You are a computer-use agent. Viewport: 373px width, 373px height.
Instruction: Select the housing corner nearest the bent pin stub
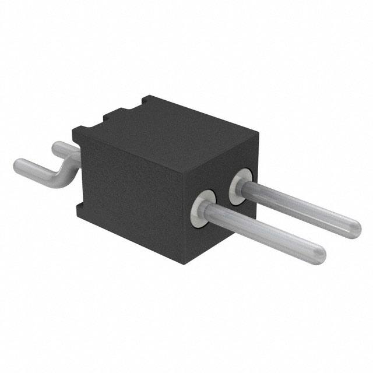74,132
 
